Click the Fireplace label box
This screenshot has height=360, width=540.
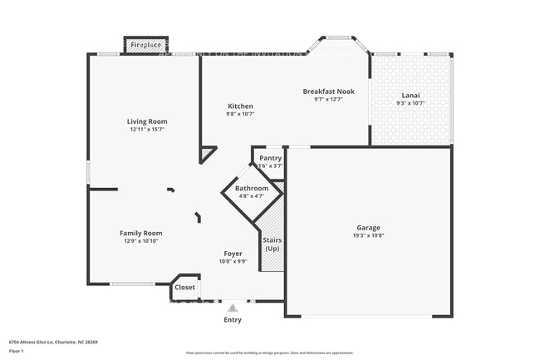pos(145,45)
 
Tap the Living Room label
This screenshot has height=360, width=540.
pos(147,121)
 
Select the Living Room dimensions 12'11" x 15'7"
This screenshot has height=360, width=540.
pos(147,130)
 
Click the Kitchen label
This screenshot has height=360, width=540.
pos(241,106)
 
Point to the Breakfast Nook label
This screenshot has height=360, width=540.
pos(328,91)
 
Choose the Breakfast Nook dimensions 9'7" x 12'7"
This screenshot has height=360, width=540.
pos(328,99)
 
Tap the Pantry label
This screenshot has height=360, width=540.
pos(270,158)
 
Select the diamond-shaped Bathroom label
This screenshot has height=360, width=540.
pos(252,189)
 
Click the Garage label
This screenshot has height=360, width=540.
pos(369,227)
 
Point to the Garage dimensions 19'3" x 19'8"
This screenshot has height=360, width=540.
pos(369,235)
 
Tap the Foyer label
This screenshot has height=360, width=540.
pos(233,254)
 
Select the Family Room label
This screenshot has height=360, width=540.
pos(141,233)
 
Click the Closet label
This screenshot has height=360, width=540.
pos(185,288)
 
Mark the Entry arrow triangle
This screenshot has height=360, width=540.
pos(232,308)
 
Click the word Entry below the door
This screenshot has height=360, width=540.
pos(233,319)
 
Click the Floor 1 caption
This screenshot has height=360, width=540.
pos(17,352)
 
